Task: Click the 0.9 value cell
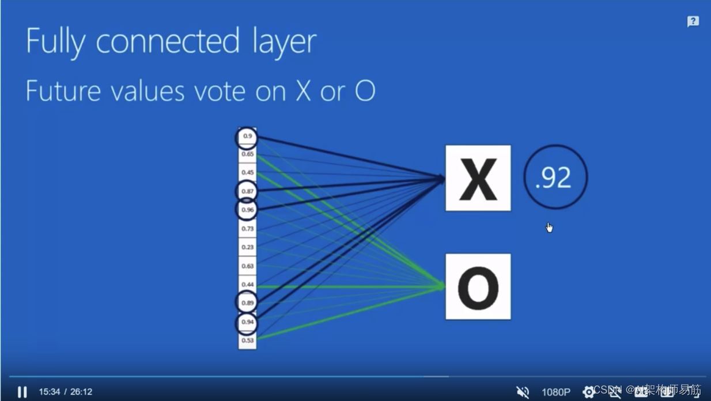click(x=247, y=137)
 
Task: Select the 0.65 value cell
click(x=247, y=154)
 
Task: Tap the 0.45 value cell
click(x=247, y=172)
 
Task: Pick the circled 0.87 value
click(x=247, y=191)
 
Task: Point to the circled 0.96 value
click(x=247, y=210)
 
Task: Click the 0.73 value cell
click(x=247, y=229)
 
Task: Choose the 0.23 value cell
click(x=247, y=247)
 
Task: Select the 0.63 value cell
click(x=247, y=266)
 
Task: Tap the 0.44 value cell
click(x=247, y=285)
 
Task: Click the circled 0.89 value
click(x=247, y=302)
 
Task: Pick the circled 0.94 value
click(x=247, y=322)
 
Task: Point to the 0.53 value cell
click(x=247, y=341)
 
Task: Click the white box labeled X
click(x=478, y=178)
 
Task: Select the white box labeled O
click(x=478, y=286)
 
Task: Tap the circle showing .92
click(x=555, y=177)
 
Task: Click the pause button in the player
click(x=22, y=392)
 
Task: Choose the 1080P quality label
click(x=555, y=392)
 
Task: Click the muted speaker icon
click(x=523, y=392)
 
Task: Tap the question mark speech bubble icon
click(x=693, y=22)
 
